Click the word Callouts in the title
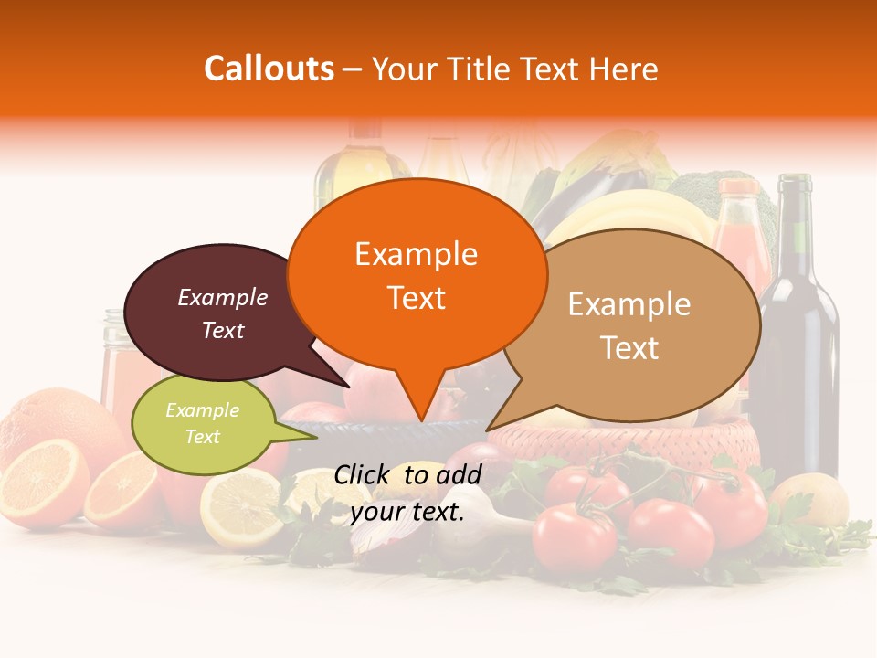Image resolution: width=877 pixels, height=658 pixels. point(269,69)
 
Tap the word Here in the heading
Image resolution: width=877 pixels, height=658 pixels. point(626,69)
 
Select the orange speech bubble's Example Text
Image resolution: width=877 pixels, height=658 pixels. point(417,276)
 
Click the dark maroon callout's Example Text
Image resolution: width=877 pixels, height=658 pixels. point(222,313)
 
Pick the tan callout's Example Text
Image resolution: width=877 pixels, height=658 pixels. point(629,325)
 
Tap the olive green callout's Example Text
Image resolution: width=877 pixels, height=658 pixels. point(202,423)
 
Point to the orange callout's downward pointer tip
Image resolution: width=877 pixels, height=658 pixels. point(422,421)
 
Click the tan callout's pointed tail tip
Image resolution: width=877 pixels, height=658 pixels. point(489,430)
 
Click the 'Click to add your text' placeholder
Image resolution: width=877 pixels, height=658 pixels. point(407,493)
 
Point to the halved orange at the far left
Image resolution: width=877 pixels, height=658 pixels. point(41,480)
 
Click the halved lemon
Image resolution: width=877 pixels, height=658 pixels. point(241,508)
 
